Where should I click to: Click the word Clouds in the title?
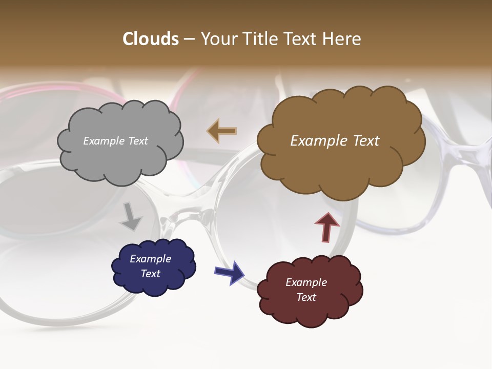[151, 39]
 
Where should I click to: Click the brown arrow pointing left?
[222, 131]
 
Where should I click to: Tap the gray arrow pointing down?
[131, 217]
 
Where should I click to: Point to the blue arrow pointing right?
[230, 272]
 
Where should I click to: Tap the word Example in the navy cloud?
[150, 259]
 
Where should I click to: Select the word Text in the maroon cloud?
[306, 297]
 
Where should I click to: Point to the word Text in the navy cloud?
[151, 274]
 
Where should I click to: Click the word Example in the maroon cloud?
[306, 282]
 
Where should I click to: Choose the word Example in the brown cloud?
[318, 141]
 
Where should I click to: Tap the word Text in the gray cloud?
[138, 141]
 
